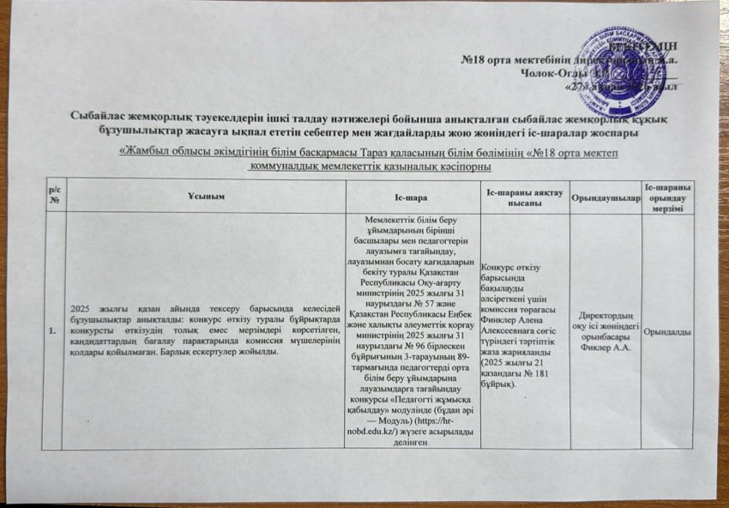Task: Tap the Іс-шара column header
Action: coord(405,197)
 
